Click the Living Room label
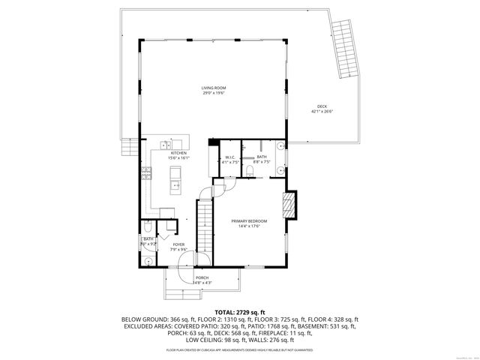point(214,88)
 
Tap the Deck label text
point(322,106)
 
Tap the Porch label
point(203,277)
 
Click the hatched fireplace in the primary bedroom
point(288,205)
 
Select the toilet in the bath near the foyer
point(148,227)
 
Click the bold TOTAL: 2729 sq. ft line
point(239,311)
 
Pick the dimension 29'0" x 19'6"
point(214,94)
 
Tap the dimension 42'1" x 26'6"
point(322,111)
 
